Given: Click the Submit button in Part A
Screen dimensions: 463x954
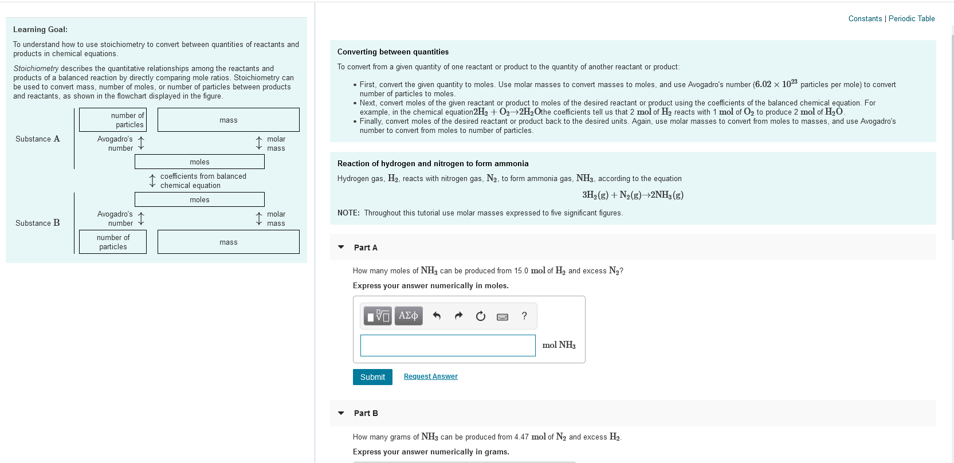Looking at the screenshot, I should click(372, 377).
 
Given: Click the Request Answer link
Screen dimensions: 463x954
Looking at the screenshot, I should click(430, 376).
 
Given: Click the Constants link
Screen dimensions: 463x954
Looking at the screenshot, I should click(865, 18).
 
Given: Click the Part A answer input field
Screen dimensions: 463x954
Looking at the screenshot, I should click(447, 346).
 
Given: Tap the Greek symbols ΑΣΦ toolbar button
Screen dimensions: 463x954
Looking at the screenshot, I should click(408, 316).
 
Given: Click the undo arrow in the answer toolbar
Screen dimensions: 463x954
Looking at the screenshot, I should click(437, 316).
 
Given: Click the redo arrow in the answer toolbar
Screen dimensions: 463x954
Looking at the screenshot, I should click(458, 316).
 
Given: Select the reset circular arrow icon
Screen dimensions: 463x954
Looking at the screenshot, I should click(481, 316).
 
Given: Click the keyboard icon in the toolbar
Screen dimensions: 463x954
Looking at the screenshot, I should click(502, 316).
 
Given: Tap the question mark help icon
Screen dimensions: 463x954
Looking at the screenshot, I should click(524, 316).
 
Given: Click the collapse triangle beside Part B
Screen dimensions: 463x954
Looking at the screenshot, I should click(341, 413).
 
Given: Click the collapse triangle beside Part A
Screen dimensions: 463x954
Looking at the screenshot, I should click(341, 248).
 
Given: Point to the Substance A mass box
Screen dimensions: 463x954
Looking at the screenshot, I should click(228, 120).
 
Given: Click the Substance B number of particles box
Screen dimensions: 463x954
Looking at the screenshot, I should click(113, 242).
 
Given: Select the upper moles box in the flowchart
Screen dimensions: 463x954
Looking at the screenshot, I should click(199, 162).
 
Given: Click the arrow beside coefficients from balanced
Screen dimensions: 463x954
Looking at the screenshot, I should click(152, 181).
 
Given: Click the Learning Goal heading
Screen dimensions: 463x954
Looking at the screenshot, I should click(40, 29).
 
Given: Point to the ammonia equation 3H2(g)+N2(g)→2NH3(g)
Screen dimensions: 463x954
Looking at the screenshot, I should click(633, 195).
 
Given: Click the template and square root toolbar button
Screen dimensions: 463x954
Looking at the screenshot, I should click(378, 316).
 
